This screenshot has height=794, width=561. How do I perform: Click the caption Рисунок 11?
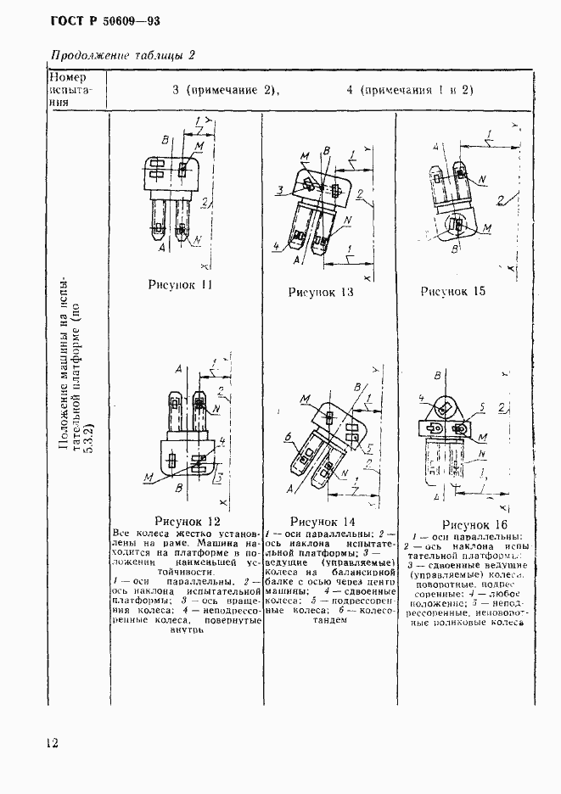(182, 285)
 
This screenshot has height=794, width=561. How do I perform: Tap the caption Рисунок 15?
(453, 291)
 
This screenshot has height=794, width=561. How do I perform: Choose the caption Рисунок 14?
(323, 520)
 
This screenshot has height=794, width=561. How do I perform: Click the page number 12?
(51, 743)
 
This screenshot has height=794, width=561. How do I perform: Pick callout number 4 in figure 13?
(276, 247)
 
